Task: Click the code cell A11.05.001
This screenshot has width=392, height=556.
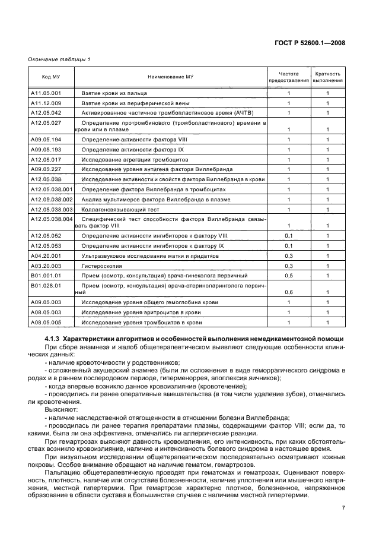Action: tap(46, 93)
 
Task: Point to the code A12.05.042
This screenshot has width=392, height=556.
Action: tap(46, 112)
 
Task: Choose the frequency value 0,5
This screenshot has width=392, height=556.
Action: tap(289, 275)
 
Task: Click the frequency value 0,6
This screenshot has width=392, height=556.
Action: tap(289, 292)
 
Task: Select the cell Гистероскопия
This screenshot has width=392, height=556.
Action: tap(100, 266)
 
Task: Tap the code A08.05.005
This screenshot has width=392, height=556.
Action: tap(46, 322)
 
